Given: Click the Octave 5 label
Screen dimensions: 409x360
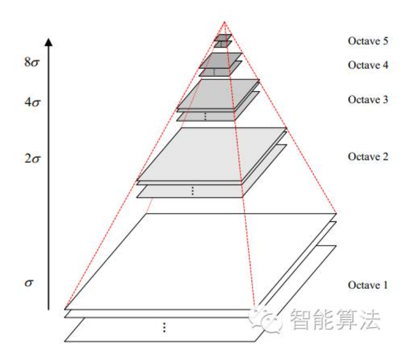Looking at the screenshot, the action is pos(368,41).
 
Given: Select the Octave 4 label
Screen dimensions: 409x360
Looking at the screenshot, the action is pos(368,65).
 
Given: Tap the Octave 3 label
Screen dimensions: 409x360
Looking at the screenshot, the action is pos(368,100).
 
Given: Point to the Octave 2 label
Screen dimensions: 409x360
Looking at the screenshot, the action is pos(368,156).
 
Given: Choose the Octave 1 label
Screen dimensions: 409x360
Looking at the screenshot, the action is pos(368,285).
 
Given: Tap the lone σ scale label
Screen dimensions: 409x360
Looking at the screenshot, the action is pos(30,284).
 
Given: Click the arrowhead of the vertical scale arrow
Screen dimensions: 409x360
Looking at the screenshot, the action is pos(48,42).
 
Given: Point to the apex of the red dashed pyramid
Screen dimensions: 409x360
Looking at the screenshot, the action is pos(225,22).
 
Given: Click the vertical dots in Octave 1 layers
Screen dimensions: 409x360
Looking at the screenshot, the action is pos(164,327).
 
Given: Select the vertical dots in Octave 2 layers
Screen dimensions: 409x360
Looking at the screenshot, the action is pos(192,191).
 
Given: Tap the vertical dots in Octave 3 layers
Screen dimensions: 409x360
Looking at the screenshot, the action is pos(205,116).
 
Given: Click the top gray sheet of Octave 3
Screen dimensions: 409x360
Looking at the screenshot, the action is pos(218,94).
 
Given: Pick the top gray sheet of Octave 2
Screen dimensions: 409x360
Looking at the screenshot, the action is pos(212,154).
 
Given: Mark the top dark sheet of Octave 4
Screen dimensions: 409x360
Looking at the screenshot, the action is pos(221,60).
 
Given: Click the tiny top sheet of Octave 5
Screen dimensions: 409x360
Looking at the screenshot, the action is pos(222,37).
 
